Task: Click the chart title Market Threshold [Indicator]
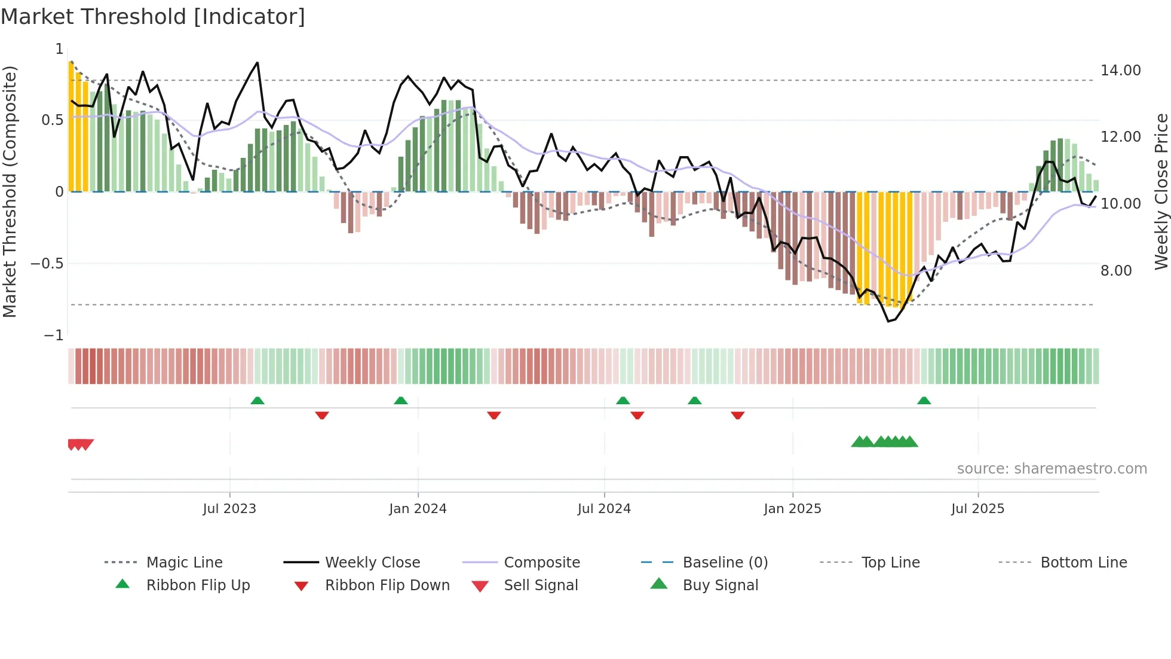click(x=153, y=17)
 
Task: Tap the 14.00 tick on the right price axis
click(x=1120, y=71)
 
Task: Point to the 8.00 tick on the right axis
click(x=1116, y=271)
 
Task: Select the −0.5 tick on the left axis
click(x=47, y=264)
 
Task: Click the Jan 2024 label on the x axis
click(x=418, y=509)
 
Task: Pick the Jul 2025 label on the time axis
click(x=977, y=509)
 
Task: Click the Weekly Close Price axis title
click(x=1161, y=191)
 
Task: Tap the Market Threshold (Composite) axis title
click(x=10, y=191)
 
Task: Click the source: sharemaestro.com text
click(x=1052, y=469)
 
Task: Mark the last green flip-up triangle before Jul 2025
click(x=924, y=401)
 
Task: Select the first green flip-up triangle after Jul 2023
click(x=258, y=401)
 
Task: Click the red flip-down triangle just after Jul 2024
click(x=637, y=415)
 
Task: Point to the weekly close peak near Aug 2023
click(x=257, y=63)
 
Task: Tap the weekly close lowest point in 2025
click(x=888, y=321)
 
